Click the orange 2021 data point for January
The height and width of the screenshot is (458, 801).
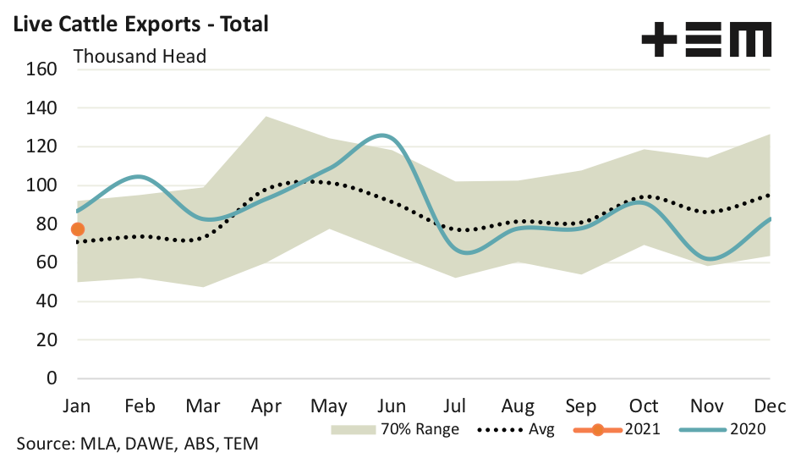[78, 229]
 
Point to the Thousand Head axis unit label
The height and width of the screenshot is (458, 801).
[140, 57]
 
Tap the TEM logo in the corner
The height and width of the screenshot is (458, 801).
[706, 41]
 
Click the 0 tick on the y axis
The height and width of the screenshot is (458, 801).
[51, 378]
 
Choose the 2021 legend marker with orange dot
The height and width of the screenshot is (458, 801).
[598, 429]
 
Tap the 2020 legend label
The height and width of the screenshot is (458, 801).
[745, 429]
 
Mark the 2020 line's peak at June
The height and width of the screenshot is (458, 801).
[382, 135]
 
